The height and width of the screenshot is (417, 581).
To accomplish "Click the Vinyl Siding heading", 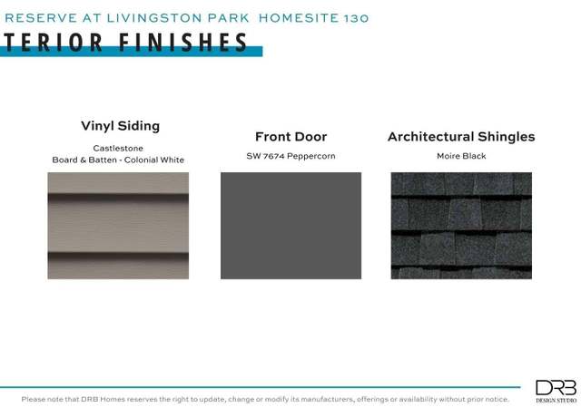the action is pyautogui.click(x=121, y=126).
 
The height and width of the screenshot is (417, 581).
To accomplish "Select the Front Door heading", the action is pyautogui.click(x=290, y=137).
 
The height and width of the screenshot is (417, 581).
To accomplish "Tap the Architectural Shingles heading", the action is pyautogui.click(x=461, y=137).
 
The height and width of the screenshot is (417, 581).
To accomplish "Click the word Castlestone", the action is pyautogui.click(x=118, y=148).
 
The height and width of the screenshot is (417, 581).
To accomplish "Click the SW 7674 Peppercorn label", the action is pyautogui.click(x=290, y=156).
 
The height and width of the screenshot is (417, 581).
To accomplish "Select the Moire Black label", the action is pyautogui.click(x=461, y=156).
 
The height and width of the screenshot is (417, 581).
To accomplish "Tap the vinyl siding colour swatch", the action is pyautogui.click(x=118, y=226).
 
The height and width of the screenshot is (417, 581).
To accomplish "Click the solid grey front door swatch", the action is pyautogui.click(x=290, y=226).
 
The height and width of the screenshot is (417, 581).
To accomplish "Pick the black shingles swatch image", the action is pyautogui.click(x=461, y=226).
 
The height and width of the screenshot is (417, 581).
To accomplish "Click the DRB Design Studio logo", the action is pyautogui.click(x=556, y=391).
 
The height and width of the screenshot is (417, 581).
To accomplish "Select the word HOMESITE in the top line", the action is pyautogui.click(x=299, y=18).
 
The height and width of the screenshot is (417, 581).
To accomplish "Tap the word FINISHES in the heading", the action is pyautogui.click(x=183, y=43).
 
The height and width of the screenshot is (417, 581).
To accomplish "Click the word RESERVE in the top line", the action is pyautogui.click(x=41, y=18).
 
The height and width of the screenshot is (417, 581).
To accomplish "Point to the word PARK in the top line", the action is pyautogui.click(x=228, y=18).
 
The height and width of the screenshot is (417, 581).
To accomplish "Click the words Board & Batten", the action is pyautogui.click(x=84, y=160).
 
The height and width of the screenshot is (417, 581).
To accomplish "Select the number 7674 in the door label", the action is pyautogui.click(x=274, y=156).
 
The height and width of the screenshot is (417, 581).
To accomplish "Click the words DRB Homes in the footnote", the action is pyautogui.click(x=98, y=399).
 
